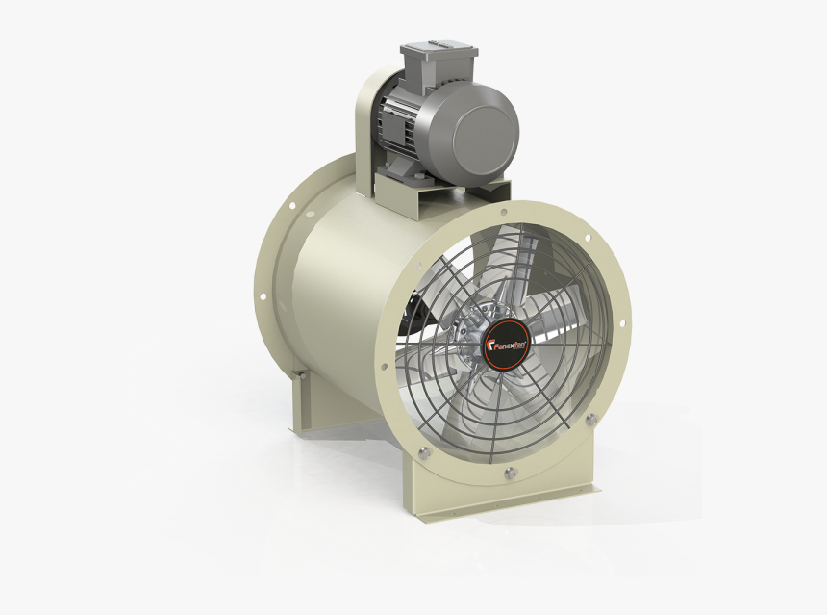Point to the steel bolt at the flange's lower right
click(x=590, y=419)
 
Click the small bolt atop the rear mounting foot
click(x=300, y=374)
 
